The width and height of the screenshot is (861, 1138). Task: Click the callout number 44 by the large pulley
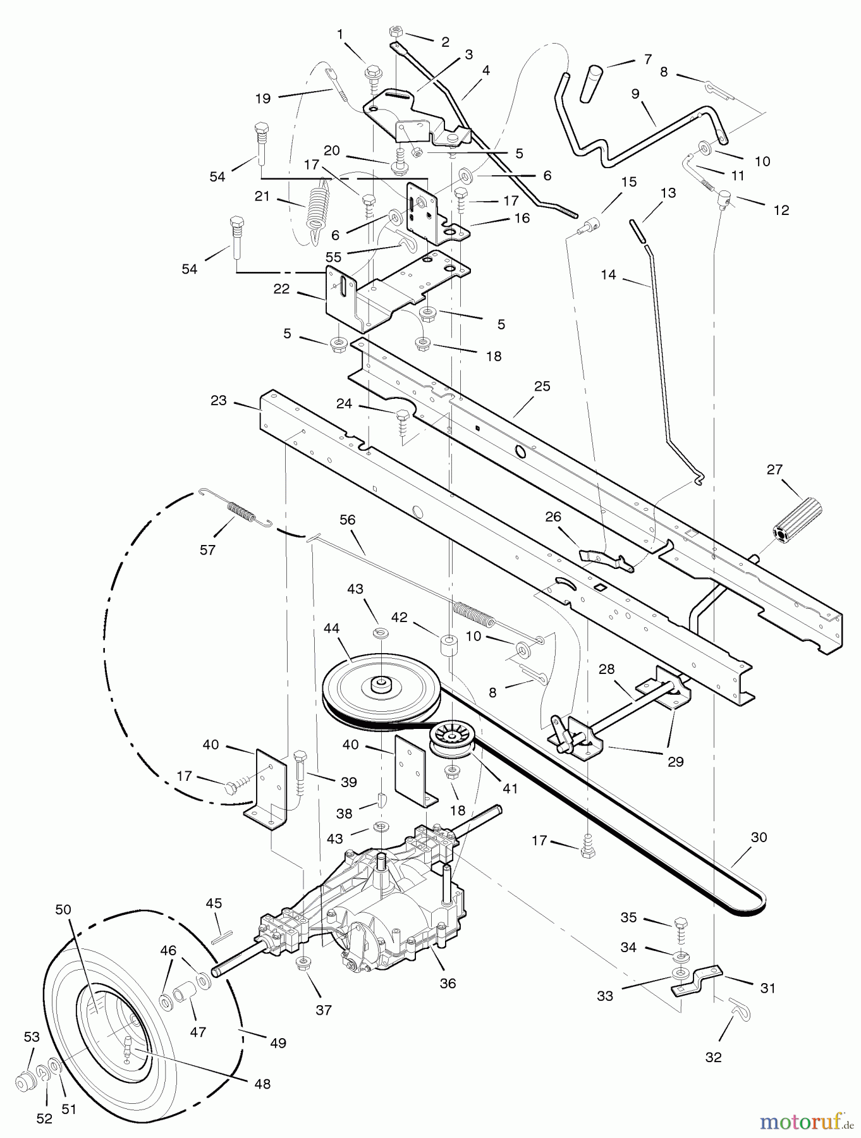click(331, 628)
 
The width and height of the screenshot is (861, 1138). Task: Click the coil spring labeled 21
click(317, 205)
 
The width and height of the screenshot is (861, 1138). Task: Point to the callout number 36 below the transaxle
click(448, 983)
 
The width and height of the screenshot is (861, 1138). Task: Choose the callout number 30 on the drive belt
click(759, 837)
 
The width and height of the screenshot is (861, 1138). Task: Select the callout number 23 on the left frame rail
click(219, 401)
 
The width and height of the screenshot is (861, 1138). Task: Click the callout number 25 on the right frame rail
click(542, 386)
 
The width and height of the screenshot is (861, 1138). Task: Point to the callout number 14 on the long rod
click(608, 276)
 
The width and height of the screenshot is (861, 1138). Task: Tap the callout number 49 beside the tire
click(278, 1043)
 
